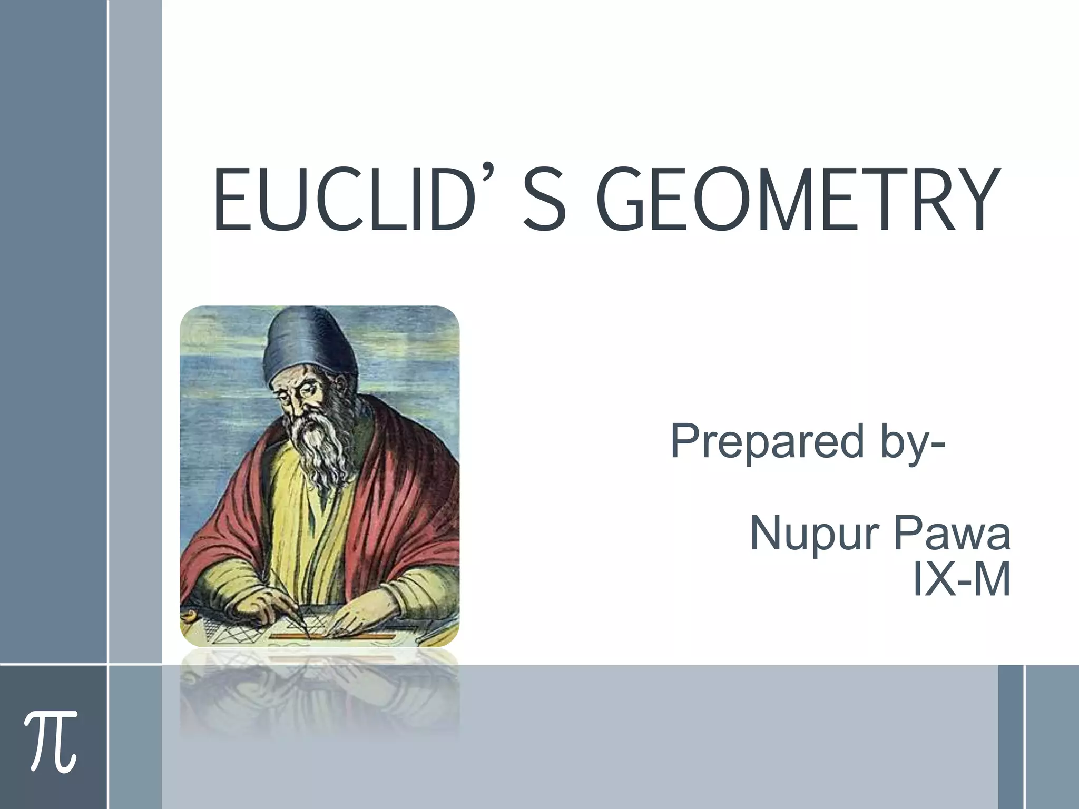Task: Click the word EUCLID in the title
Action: [342, 200]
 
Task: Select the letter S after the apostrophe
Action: [545, 200]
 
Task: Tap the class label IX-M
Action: [961, 580]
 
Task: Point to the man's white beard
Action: [321, 448]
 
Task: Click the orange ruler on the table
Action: [332, 637]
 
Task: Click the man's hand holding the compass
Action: [258, 606]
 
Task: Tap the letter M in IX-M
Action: [990, 580]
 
